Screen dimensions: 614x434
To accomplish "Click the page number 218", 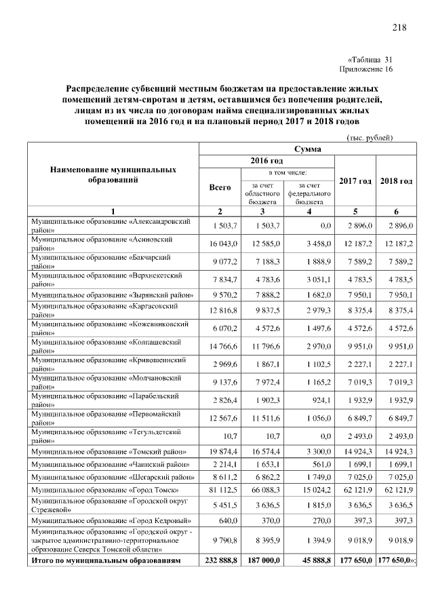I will click(399, 27).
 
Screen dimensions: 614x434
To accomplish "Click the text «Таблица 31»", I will click(370, 60).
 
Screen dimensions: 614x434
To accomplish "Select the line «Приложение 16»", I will click(366, 69).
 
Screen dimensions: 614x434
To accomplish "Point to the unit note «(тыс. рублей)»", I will click(370, 138).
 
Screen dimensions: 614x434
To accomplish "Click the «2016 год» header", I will click(267, 160).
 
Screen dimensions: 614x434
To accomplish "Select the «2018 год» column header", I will click(397, 181).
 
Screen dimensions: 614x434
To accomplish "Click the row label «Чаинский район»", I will click(111, 463).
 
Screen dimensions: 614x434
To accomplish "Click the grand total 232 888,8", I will click(221, 560).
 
